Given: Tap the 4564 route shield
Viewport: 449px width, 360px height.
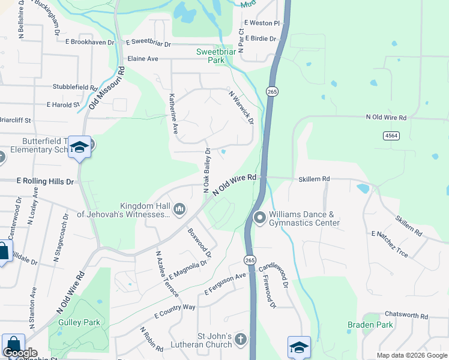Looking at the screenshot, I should point(391,136).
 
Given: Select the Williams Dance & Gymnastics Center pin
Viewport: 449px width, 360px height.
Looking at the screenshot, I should point(259,217).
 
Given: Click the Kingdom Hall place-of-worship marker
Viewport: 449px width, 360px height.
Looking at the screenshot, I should point(179,209).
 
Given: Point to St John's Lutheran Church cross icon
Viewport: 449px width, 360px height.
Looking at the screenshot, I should point(240,340).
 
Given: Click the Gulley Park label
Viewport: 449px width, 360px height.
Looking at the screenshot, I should point(79,322).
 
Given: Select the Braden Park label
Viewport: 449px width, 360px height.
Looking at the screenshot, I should point(370,325).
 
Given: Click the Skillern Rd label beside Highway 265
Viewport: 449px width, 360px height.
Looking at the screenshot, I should point(315,179).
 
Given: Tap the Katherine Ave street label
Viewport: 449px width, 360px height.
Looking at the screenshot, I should point(173,113).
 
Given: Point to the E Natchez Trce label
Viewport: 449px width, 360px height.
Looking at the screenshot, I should point(390,244).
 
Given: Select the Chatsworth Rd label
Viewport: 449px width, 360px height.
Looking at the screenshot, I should point(406,315).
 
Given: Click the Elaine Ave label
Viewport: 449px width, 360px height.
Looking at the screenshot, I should point(143,59).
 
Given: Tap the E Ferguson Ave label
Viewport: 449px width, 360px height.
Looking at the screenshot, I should point(226,284).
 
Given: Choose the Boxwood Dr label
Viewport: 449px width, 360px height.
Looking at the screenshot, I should point(200,242).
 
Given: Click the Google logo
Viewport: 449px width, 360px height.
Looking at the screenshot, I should point(20,353).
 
